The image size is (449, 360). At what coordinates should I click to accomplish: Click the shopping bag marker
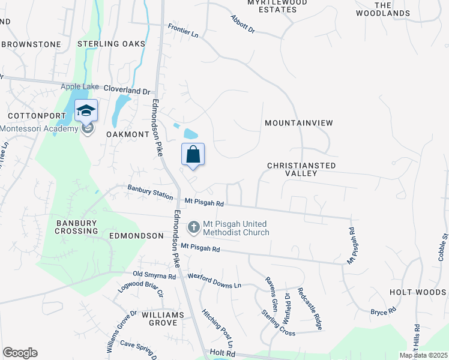(193, 155)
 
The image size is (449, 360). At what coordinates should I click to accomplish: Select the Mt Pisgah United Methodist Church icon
(193, 226)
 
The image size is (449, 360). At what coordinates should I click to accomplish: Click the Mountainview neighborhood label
(299, 123)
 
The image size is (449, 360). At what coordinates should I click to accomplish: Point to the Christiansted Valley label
(301, 169)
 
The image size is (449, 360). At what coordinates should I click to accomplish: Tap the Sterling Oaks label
(112, 44)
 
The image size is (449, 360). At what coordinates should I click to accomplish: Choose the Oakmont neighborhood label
(127, 135)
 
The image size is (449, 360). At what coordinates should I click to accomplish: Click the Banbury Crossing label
(77, 227)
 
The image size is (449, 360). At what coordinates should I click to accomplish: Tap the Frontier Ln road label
(183, 31)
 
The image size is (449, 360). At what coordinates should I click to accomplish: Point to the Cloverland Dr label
(127, 91)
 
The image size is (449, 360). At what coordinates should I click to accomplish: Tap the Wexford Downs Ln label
(214, 281)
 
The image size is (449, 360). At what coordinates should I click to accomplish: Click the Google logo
(20, 353)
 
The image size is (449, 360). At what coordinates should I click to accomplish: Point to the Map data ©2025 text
(423, 355)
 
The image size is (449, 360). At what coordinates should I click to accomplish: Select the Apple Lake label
(79, 86)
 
